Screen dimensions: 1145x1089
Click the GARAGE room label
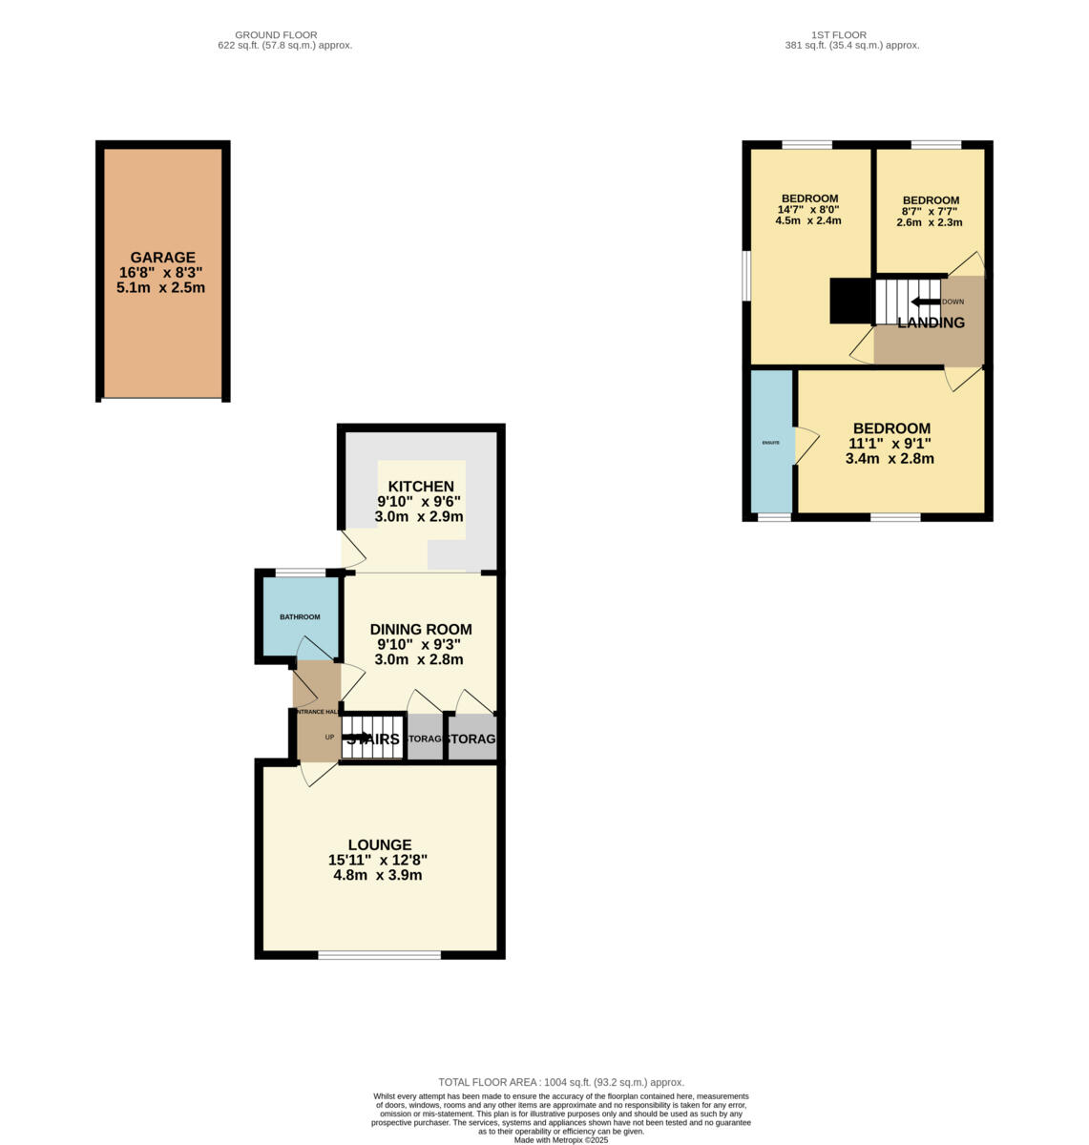click(162, 257)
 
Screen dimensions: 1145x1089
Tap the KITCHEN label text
click(420, 487)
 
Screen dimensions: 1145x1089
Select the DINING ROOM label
click(420, 630)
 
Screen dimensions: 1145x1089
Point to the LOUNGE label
click(379, 844)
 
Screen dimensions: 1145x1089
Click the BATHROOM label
click(300, 617)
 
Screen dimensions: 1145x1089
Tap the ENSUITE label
click(770, 443)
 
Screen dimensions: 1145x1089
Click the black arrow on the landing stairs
click(925, 302)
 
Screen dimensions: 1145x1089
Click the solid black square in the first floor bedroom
click(851, 301)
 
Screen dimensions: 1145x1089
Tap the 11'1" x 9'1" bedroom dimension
click(890, 443)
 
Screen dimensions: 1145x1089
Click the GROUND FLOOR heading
click(276, 35)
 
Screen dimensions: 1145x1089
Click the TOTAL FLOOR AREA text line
click(561, 1082)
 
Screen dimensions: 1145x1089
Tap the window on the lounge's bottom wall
click(379, 954)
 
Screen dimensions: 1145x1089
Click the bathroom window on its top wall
click(300, 572)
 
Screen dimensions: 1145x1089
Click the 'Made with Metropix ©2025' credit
click(561, 1139)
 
